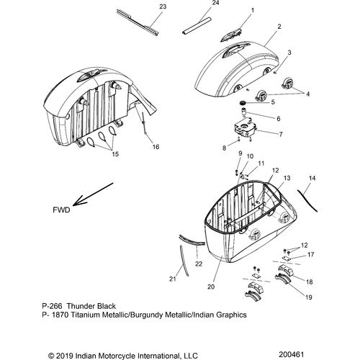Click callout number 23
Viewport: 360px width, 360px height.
[x=162, y=7]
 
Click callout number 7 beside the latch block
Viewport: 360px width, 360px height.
[x=280, y=134]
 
